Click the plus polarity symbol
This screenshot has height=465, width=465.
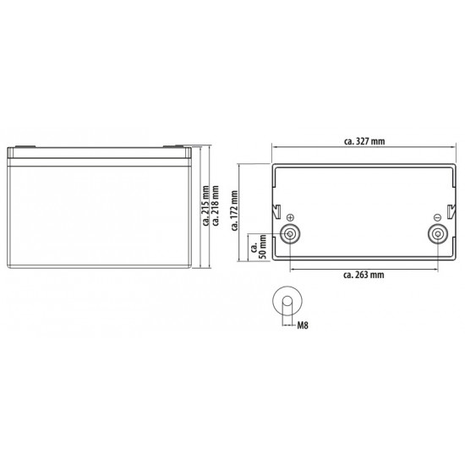click(x=290, y=216)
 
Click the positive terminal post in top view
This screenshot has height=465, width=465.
click(x=290, y=235)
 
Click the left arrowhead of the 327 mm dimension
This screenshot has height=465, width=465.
click(x=273, y=147)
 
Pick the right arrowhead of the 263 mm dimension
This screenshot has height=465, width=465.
click(x=436, y=268)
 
